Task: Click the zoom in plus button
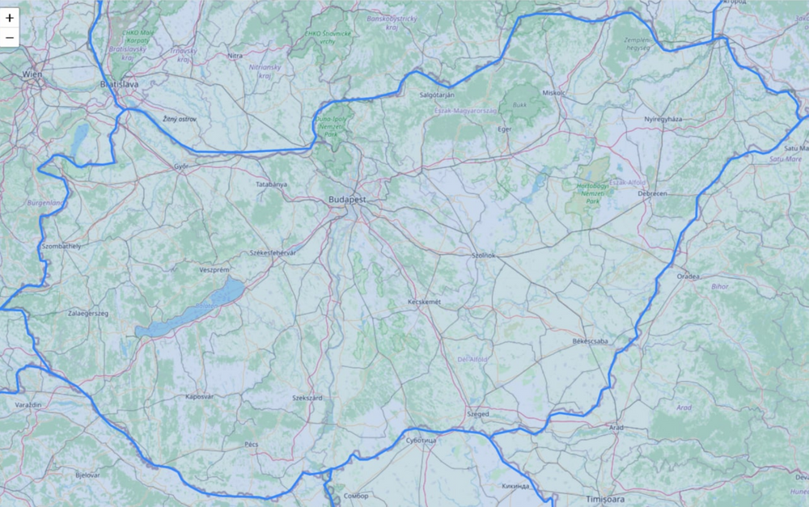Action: click(x=10, y=18)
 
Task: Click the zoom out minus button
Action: click(x=10, y=37)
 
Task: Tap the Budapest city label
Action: click(x=348, y=199)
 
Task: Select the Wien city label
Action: click(x=32, y=74)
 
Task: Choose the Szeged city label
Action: click(x=477, y=413)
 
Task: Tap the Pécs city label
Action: click(x=251, y=445)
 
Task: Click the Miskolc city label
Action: click(x=553, y=93)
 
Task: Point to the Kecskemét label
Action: click(x=425, y=302)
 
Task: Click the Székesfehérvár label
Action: click(x=274, y=253)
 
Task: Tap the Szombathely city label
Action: click(x=60, y=245)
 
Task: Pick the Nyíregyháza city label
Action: click(x=663, y=119)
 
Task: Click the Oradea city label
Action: click(x=688, y=276)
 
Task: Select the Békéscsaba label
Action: click(x=589, y=341)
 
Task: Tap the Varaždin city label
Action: click(x=28, y=403)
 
